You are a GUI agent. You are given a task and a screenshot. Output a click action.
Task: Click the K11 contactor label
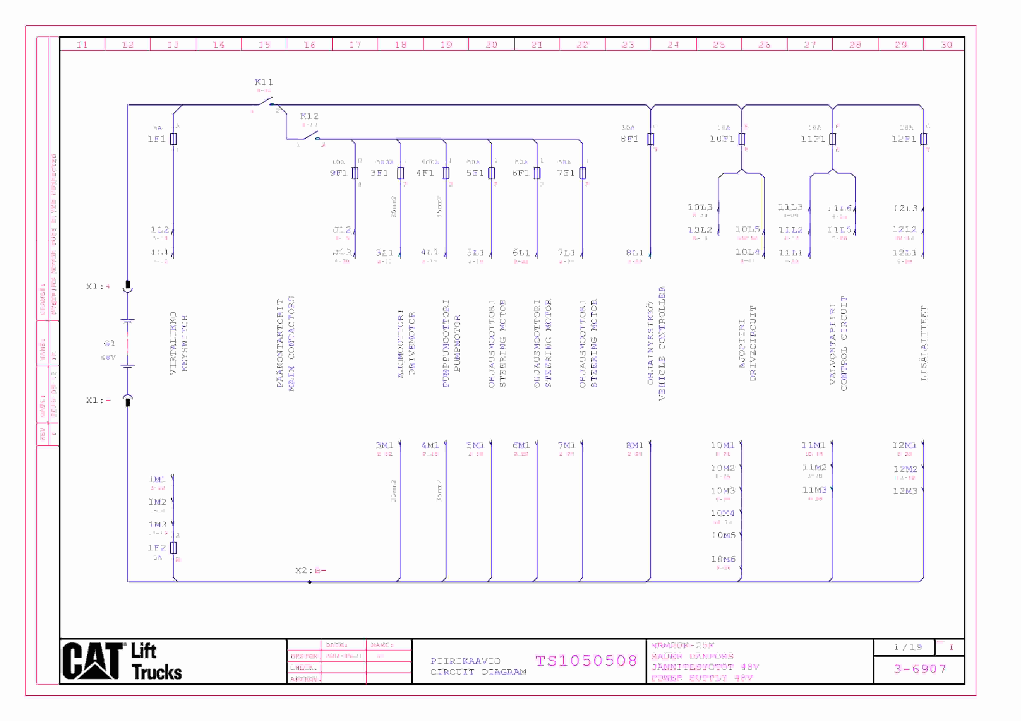pyautogui.click(x=264, y=82)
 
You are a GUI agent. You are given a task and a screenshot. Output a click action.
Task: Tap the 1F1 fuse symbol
pyautogui.click(x=173, y=139)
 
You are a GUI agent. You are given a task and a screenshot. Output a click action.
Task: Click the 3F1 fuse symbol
pyautogui.click(x=401, y=173)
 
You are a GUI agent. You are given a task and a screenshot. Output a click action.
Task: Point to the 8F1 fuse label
pyautogui.click(x=629, y=139)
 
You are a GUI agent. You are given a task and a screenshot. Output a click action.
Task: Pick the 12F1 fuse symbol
pyautogui.click(x=924, y=139)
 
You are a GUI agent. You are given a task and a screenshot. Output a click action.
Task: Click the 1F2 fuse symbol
pyautogui.click(x=173, y=548)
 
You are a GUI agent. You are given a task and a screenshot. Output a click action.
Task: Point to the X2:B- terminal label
pyautogui.click(x=310, y=571)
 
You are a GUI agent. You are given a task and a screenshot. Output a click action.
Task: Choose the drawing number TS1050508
pyautogui.click(x=586, y=661)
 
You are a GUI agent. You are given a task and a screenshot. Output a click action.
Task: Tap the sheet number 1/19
pyautogui.click(x=908, y=647)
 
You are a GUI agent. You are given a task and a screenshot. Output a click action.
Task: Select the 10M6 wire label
pyautogui.click(x=723, y=559)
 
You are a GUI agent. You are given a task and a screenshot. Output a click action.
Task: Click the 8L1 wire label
pyautogui.click(x=635, y=253)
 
